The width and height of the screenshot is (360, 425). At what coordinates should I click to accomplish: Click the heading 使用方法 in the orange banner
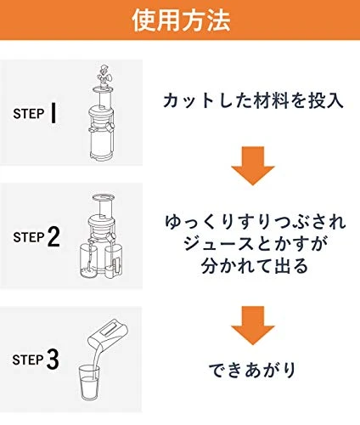[181, 20]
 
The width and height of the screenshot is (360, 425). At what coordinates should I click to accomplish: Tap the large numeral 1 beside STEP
[53, 113]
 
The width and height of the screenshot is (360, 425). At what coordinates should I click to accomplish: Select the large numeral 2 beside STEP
[53, 237]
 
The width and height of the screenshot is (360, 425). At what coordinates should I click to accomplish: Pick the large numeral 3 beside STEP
[53, 360]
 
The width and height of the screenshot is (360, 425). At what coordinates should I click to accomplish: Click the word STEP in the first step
[29, 114]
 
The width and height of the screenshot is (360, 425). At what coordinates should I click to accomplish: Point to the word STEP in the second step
[29, 237]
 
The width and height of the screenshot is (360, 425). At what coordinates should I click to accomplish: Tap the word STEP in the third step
[28, 360]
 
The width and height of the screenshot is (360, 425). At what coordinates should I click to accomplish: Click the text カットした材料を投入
[253, 101]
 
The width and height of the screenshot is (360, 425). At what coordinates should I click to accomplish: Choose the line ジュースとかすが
[256, 244]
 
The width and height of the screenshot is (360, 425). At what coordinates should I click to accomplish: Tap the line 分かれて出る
[255, 266]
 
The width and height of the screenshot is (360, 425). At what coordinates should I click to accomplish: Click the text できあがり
[252, 370]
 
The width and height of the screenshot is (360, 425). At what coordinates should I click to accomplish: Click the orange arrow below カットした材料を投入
[253, 166]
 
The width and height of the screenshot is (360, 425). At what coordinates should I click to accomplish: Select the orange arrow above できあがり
[253, 326]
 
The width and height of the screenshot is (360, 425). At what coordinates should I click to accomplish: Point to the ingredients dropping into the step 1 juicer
[104, 75]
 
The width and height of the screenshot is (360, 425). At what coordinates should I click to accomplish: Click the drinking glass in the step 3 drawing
[89, 382]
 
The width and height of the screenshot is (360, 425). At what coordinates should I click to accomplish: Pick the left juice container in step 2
[88, 261]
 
